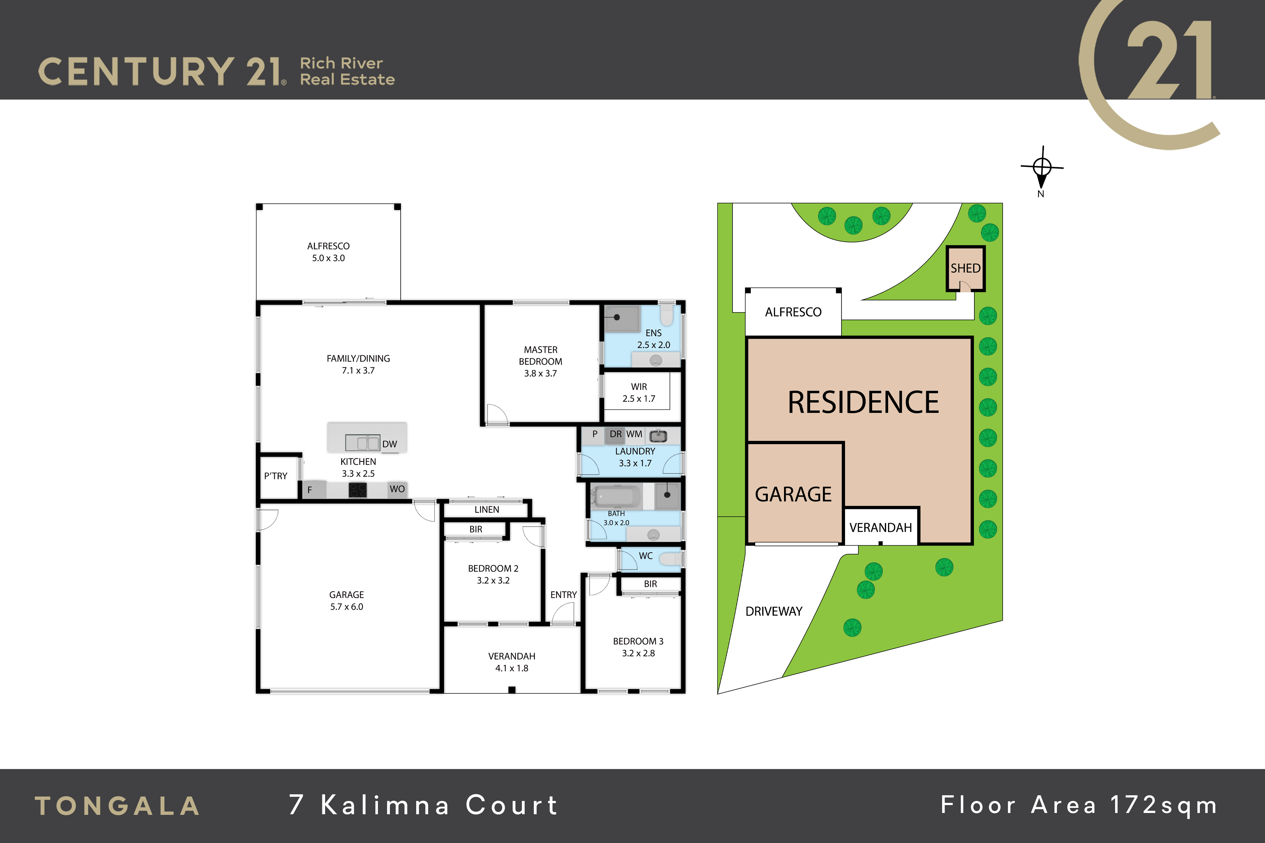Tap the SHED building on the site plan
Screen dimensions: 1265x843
coord(966,268)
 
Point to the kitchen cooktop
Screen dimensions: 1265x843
coord(358,490)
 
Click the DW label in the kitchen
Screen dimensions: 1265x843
coord(389,444)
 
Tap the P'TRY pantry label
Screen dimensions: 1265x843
coord(275,476)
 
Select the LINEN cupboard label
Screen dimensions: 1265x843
coord(487,510)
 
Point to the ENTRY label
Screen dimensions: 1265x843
coord(563,595)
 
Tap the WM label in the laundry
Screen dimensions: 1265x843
coord(634,434)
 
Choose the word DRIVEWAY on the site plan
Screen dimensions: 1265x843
coord(774,611)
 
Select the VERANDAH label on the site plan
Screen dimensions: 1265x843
coord(880,528)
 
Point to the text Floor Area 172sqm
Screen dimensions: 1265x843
coord(1078,805)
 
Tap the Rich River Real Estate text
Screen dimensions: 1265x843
coord(347,71)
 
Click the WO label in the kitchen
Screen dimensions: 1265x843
coord(397,489)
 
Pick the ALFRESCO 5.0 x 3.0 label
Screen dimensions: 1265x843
coord(328,252)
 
